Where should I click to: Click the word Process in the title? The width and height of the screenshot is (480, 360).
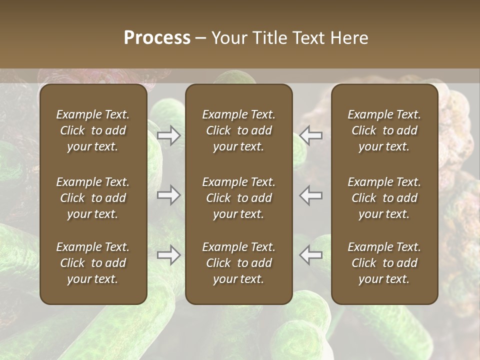coord(157,38)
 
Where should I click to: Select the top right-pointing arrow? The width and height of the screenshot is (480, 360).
coord(169,135)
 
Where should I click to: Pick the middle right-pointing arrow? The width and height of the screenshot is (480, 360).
coord(169,195)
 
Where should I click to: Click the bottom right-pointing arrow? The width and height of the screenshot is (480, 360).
coord(169,255)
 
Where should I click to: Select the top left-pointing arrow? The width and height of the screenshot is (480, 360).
coord(311,135)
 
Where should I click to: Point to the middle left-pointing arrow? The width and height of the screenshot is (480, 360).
coord(311,195)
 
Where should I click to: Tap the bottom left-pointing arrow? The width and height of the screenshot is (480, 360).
coord(311,255)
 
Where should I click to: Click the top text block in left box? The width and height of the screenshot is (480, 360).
coord(93,130)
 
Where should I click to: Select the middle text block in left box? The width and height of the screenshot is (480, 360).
coord(93,198)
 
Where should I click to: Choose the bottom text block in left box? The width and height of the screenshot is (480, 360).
coord(93,263)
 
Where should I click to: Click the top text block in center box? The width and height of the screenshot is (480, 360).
coord(239,130)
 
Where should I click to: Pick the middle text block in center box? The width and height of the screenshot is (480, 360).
coord(239,198)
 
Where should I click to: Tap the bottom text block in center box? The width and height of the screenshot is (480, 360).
coord(239,263)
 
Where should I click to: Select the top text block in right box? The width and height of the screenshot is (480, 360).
coord(384,130)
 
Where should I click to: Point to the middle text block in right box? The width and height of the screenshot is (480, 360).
coord(384,198)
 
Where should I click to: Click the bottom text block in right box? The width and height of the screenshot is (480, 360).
coord(384,263)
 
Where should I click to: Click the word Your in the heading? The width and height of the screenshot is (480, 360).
coord(228,38)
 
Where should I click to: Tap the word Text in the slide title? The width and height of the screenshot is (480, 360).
coord(309,38)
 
